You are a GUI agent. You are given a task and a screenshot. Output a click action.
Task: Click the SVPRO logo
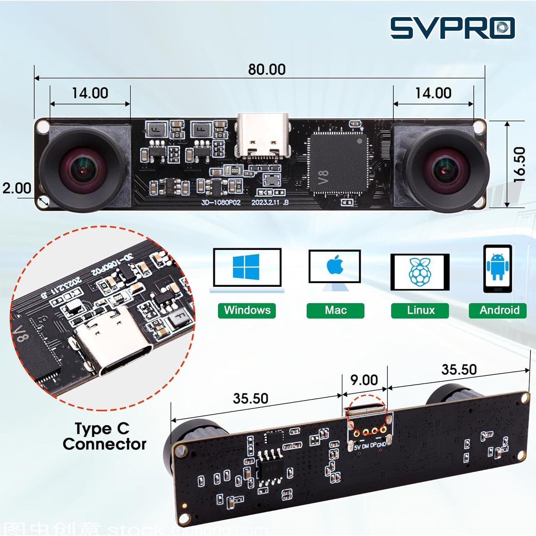pyautogui.click(x=452, y=28)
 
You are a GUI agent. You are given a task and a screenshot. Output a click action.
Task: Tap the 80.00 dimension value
pyautogui.click(x=267, y=69)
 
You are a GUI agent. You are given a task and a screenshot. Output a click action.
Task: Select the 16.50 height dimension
pyautogui.click(x=520, y=165)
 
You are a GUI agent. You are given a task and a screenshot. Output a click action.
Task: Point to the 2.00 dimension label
pyautogui.click(x=17, y=188)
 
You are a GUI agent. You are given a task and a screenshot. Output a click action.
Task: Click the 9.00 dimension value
pyautogui.click(x=364, y=380)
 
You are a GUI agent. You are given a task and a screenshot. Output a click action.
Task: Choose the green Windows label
pyautogui.click(x=247, y=310)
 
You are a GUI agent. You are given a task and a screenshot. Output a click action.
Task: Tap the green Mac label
pyautogui.click(x=335, y=310)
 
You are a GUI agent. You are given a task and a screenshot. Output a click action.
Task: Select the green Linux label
pyautogui.click(x=420, y=310)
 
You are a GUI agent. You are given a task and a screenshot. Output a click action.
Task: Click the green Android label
pyautogui.click(x=499, y=310)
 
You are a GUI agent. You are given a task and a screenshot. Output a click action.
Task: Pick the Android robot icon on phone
pyautogui.click(x=497, y=267)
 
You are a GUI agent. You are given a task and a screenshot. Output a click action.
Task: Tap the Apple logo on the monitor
pyautogui.click(x=335, y=265)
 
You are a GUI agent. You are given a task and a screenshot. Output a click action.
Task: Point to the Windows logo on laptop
pyautogui.click(x=246, y=267)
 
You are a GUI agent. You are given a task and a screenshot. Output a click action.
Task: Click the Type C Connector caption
pyautogui.click(x=104, y=436)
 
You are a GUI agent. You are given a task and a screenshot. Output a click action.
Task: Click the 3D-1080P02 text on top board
pyautogui.click(x=221, y=202)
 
